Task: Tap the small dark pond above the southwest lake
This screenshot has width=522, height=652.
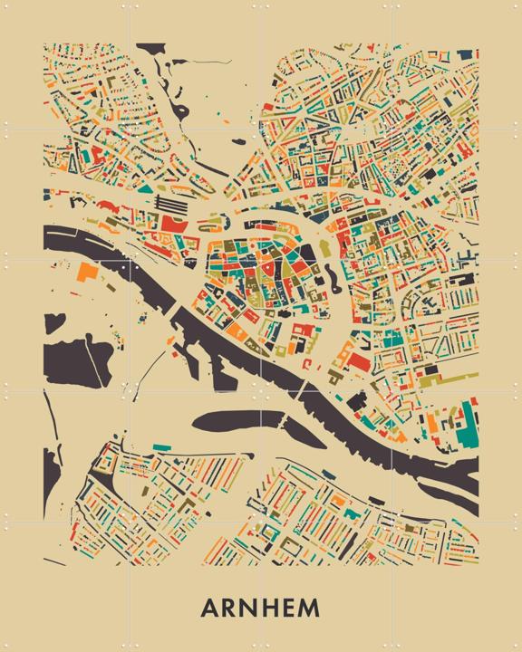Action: (x=54, y=321)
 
